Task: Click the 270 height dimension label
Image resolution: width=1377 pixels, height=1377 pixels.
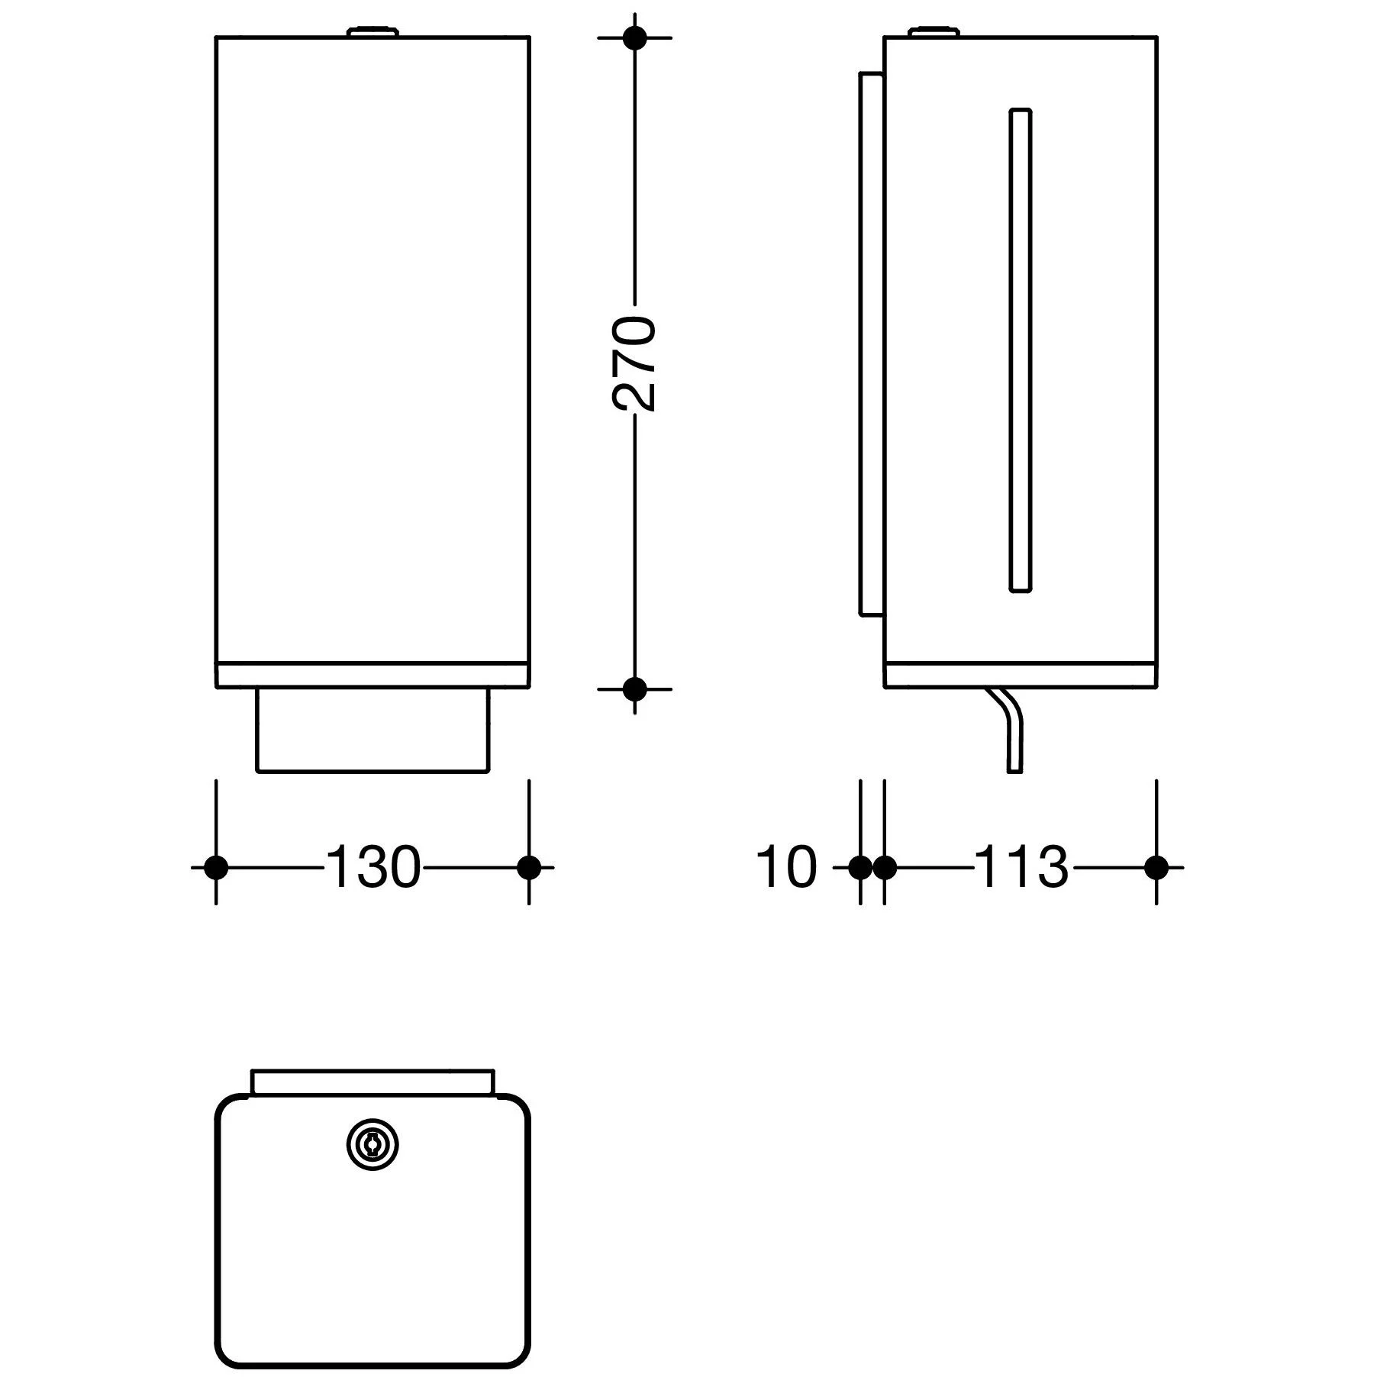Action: coord(634,364)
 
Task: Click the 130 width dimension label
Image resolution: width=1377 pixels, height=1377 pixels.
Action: coord(373,868)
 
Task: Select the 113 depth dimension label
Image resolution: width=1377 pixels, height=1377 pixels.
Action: coord(1021,868)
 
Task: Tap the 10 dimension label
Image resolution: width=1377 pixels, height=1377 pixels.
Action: coord(786,868)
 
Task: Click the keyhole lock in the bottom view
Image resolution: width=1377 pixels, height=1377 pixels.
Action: coord(373,1144)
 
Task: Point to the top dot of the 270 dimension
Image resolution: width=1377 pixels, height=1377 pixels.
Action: coord(634,37)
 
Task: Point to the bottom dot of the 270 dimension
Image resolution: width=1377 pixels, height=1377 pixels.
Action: coord(634,689)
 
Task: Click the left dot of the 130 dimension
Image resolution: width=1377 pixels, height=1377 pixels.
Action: coord(217,868)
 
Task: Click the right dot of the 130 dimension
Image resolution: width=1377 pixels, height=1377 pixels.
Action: coord(529,868)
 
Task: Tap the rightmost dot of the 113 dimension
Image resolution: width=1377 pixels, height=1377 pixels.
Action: coord(1156,868)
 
